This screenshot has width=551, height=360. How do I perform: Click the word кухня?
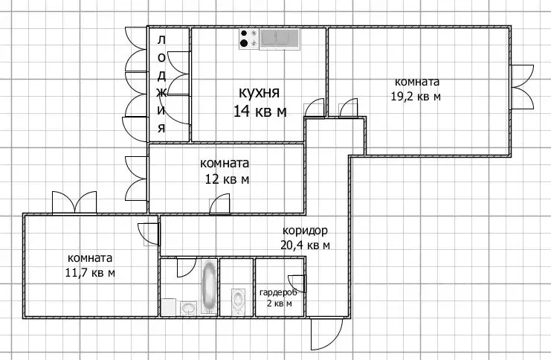(258, 93)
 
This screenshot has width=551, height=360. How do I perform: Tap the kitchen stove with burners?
(248, 39)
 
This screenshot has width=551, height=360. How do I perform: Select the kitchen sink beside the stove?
(278, 38)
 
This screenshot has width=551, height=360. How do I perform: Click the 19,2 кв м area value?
(416, 96)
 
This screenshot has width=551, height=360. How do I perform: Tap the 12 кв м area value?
(227, 179)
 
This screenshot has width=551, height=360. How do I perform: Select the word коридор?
(304, 231)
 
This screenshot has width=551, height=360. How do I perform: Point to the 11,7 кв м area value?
(89, 273)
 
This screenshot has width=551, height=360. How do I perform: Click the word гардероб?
(277, 292)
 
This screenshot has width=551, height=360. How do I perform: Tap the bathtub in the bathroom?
(210, 287)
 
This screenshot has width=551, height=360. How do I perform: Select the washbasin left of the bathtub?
(188, 306)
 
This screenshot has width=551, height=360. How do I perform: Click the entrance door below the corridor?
(324, 335)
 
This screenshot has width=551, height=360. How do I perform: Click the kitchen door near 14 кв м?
(315, 109)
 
